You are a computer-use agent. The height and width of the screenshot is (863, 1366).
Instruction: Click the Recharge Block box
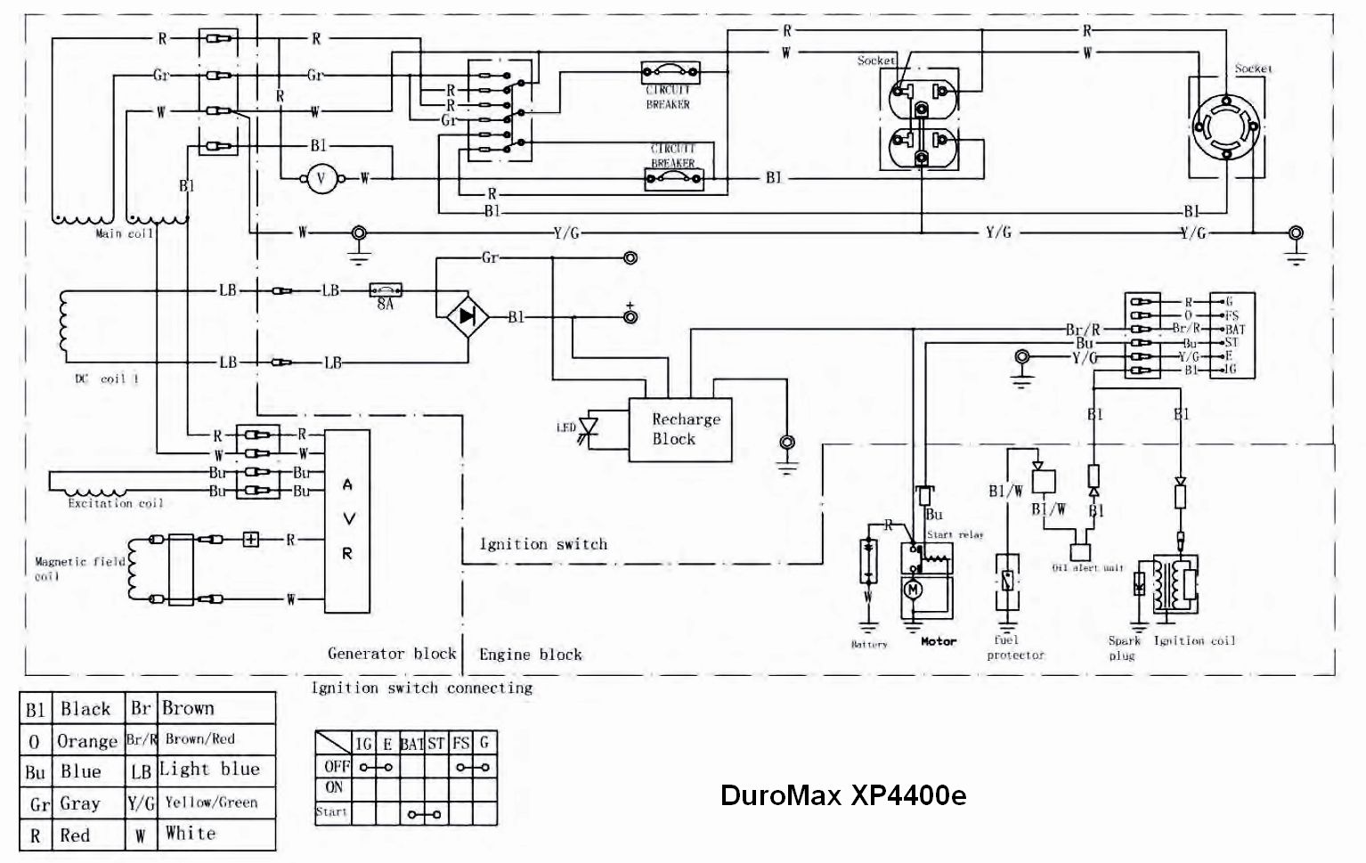click(x=680, y=429)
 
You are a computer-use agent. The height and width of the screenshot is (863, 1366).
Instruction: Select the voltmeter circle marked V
click(x=322, y=179)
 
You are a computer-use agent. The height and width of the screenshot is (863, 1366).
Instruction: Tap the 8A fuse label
click(x=386, y=303)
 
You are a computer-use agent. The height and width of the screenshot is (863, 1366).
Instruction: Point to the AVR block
click(x=347, y=520)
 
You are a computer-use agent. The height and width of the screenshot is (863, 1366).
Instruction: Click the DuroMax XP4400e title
click(x=842, y=794)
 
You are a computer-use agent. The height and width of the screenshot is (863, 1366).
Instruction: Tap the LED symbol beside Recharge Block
click(x=587, y=427)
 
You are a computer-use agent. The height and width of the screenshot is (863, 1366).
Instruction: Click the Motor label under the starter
click(x=939, y=641)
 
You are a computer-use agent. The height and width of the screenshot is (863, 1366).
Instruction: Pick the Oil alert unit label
click(x=1087, y=567)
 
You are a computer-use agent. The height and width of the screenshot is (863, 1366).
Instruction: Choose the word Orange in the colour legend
click(x=86, y=741)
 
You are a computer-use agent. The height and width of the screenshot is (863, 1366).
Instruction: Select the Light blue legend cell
click(x=209, y=769)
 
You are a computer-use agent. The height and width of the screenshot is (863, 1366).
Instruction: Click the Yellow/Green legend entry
click(x=211, y=802)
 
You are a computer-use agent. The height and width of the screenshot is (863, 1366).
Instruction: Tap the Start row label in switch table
click(x=331, y=812)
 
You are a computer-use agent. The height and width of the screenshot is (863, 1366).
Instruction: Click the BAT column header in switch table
click(x=411, y=743)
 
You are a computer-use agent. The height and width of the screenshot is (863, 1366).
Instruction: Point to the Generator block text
click(x=392, y=654)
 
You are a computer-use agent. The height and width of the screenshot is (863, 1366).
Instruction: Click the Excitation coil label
click(x=116, y=503)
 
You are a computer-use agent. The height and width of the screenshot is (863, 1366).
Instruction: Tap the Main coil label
click(x=125, y=233)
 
